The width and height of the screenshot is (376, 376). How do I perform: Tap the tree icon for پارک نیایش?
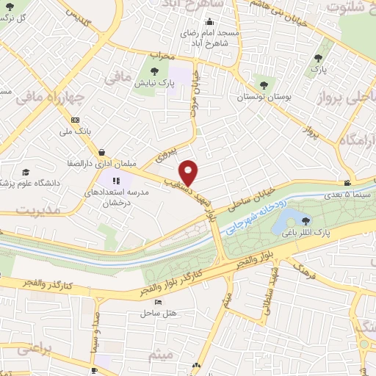[154, 71]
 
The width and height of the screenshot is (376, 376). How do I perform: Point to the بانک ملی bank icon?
[75, 120]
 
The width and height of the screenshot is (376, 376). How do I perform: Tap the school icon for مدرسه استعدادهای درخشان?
[115, 181]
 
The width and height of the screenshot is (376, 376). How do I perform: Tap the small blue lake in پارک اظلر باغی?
[288, 218]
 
